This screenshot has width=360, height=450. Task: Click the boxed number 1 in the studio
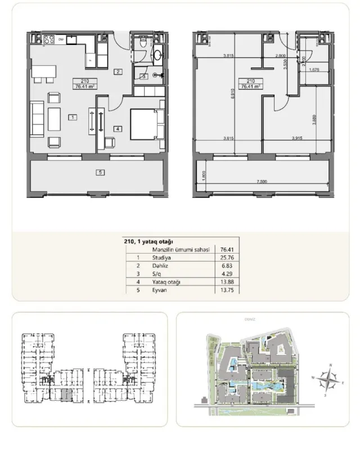73,118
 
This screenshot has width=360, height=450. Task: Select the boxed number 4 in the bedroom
117,128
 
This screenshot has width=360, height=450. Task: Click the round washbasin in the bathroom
157,55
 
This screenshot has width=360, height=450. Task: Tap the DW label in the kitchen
60,39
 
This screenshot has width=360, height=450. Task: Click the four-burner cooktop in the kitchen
48,39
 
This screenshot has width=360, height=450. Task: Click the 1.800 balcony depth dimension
199,175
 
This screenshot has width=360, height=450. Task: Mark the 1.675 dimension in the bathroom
314,70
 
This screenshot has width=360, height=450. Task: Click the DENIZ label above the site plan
250,319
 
